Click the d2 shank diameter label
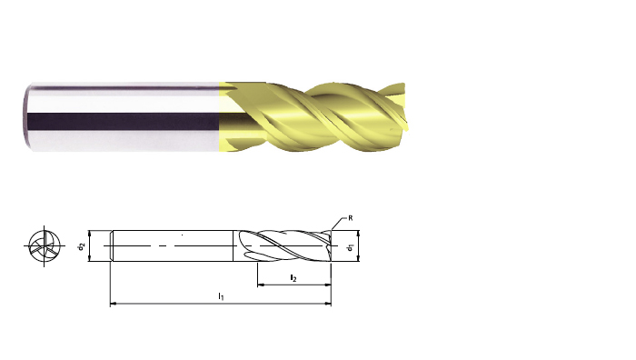coord(82,246)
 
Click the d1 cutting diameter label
coord(351,246)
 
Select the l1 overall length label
coord(221,296)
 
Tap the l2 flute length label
coord(293,278)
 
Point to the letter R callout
coord(351,218)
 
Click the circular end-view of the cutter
coord(45,246)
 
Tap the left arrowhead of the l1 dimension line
coord(114,303)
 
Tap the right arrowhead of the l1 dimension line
coord(328,303)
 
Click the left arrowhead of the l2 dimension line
coord(261,285)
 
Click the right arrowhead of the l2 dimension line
coord(328,285)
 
